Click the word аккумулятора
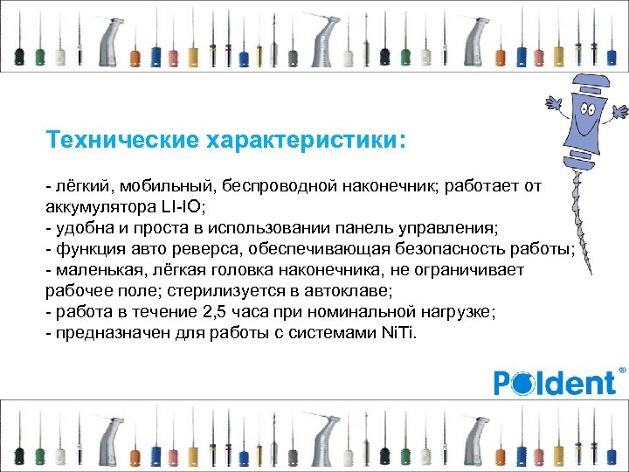(x=99, y=209)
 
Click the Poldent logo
(x=556, y=382)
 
